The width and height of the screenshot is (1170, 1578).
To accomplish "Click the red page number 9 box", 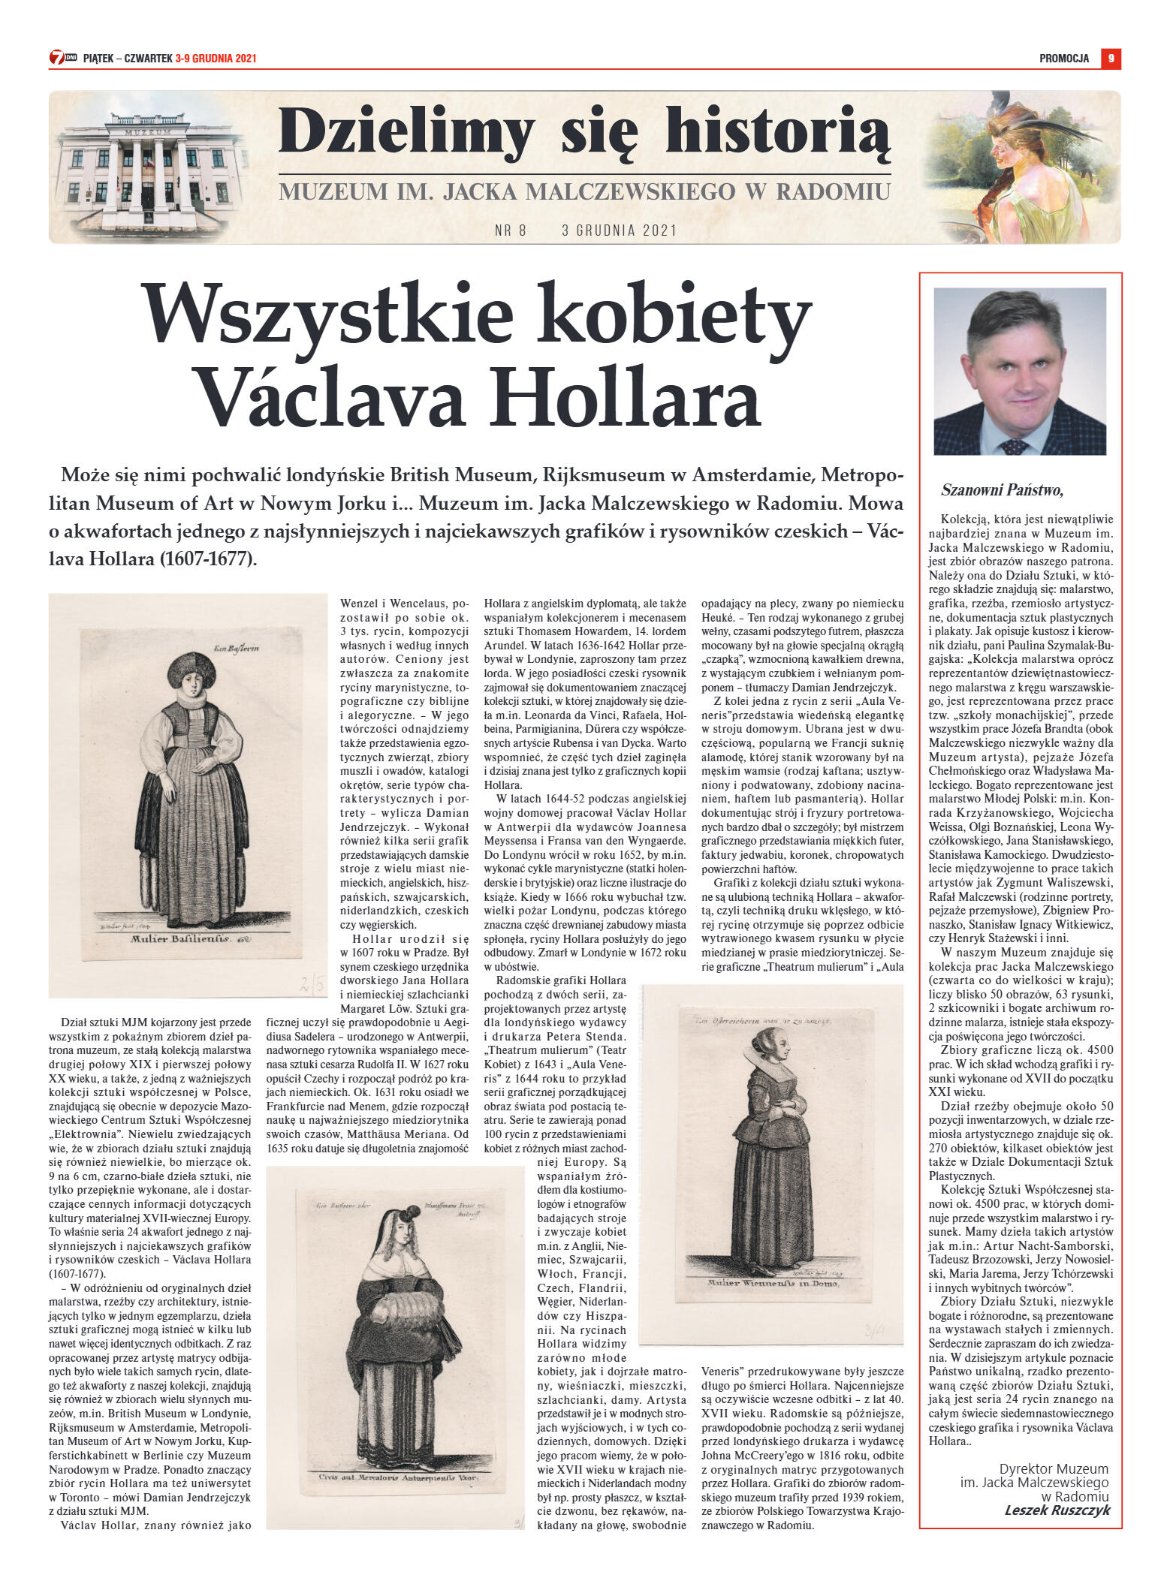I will click(1111, 58).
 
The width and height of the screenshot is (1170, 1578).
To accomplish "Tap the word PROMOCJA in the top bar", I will click(1063, 59).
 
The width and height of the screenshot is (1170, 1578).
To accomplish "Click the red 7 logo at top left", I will click(57, 57).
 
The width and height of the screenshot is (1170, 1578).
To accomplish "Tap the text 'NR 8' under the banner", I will click(511, 230).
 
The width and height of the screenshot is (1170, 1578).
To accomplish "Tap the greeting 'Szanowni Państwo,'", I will click(1002, 490).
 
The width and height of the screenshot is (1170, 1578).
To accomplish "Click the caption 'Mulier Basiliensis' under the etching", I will click(179, 938).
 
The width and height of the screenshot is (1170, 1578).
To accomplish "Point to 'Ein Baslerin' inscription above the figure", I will click(236, 648).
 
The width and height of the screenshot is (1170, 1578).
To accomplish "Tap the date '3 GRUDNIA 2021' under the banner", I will click(619, 230).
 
